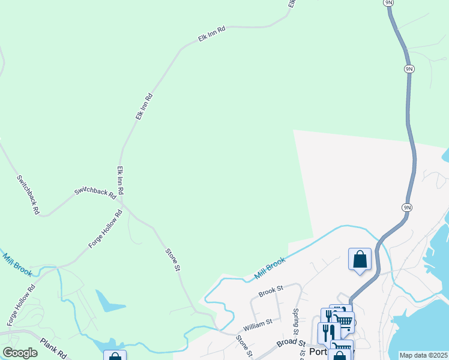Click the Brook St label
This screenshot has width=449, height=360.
pos(271,292)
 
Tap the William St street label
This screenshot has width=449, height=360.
pos(258,326)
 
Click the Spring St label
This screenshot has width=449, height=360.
pos(295,322)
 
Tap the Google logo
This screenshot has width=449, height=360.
pos(20,353)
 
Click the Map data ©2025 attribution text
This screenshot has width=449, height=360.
pos(423,355)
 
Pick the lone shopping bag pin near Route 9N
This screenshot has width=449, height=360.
pos(360,260)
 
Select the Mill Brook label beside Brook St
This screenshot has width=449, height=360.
pos(270,268)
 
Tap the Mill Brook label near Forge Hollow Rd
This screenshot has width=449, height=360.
pos(17,264)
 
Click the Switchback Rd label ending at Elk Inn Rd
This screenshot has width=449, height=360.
pos(95,192)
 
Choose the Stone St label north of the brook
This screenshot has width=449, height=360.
pos(173,259)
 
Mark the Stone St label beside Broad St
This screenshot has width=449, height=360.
pos(243,345)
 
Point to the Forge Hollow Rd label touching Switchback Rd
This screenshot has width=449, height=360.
pos(106,229)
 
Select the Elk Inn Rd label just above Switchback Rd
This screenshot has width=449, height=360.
pos(120,180)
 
